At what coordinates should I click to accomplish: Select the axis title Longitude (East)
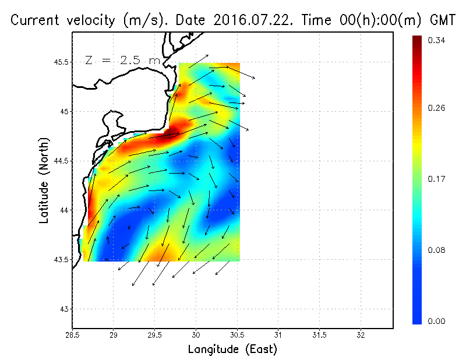[232, 350]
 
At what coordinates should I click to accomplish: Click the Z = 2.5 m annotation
[122, 60]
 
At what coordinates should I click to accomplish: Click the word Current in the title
[34, 20]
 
